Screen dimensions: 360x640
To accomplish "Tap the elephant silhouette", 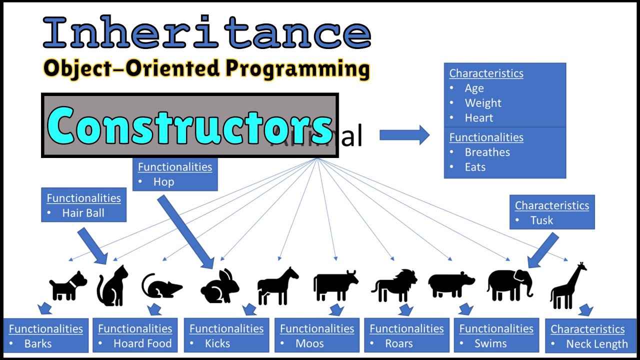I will (509, 284).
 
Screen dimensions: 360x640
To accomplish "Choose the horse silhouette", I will (277, 285).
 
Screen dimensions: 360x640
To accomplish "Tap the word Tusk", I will (541, 220).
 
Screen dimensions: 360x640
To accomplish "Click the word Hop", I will (163, 182).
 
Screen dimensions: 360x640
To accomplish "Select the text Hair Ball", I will (83, 213).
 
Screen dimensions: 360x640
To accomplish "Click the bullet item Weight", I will (482, 103).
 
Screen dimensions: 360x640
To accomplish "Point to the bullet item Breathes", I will (487, 152).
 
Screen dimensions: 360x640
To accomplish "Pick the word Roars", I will (398, 343).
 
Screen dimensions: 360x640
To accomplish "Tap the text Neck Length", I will (596, 344).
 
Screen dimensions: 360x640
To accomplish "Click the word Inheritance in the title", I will (207, 33).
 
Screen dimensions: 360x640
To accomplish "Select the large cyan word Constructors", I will (190, 125).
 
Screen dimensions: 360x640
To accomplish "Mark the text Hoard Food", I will (142, 343).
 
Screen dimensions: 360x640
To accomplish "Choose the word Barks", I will (38, 343).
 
